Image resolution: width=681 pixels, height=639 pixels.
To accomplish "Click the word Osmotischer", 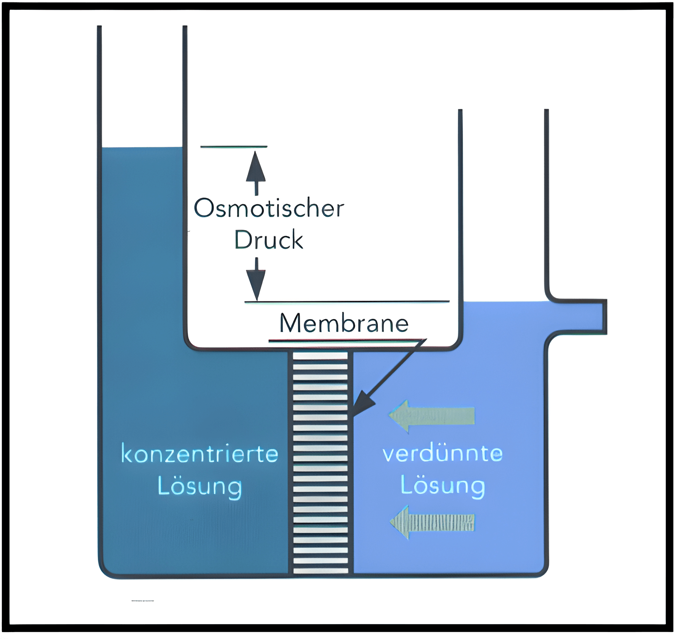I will [x=269, y=209].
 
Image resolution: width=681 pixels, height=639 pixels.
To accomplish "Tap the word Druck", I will [x=268, y=240].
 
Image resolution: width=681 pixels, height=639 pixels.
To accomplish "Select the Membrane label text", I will [x=344, y=323].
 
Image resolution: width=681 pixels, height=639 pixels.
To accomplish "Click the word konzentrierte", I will [x=200, y=454].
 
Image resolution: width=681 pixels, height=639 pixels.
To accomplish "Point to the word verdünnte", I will [x=443, y=454].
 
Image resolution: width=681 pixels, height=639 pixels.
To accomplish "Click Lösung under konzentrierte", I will [x=200, y=487].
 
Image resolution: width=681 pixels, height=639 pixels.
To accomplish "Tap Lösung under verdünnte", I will [x=443, y=486].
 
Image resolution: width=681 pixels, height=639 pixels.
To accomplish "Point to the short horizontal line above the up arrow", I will [x=234, y=146].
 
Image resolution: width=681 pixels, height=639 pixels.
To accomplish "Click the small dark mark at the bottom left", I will [x=142, y=601].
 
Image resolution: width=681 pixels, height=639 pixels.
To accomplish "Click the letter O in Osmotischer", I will [x=203, y=209].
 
